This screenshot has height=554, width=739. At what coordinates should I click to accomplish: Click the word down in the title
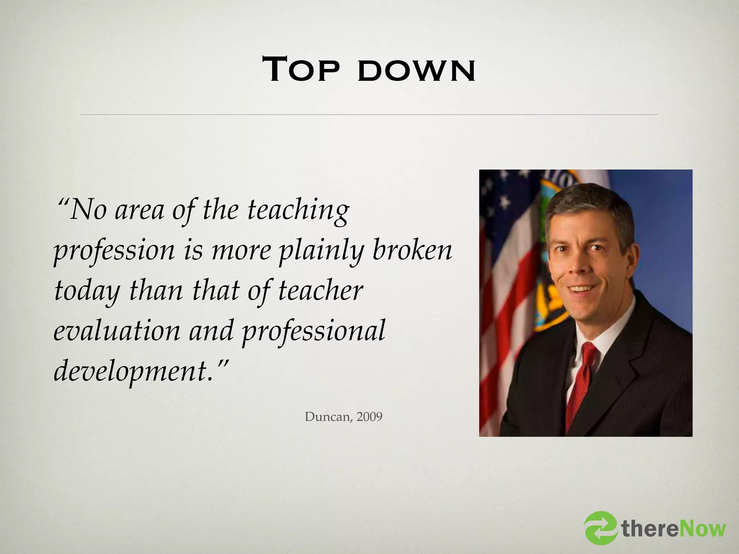(416, 71)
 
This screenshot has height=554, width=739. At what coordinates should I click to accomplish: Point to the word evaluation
(117, 330)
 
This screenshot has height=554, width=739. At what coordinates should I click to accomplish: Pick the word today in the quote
(87, 291)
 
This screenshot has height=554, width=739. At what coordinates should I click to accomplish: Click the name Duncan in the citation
(328, 417)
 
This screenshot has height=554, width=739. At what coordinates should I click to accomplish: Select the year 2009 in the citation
(369, 417)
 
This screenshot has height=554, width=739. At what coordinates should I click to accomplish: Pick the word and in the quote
(211, 330)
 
